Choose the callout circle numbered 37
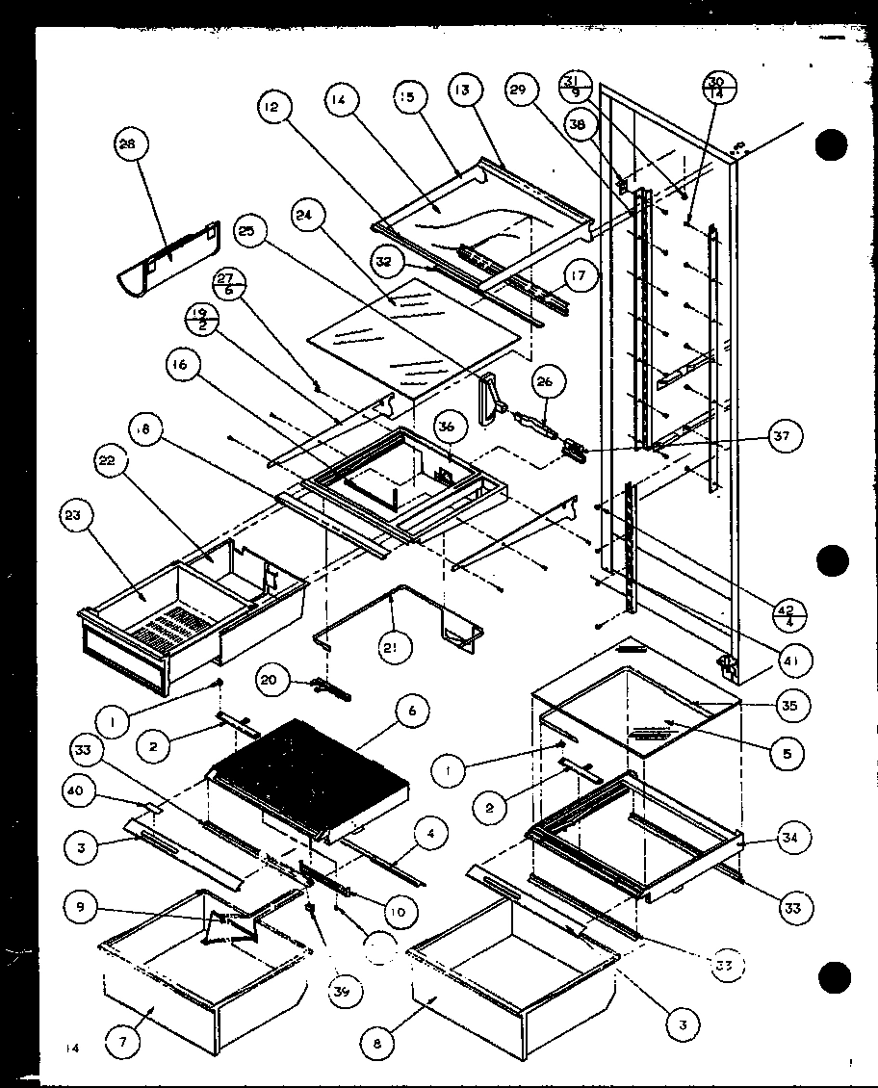(781, 438)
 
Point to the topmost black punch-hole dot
(831, 145)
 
